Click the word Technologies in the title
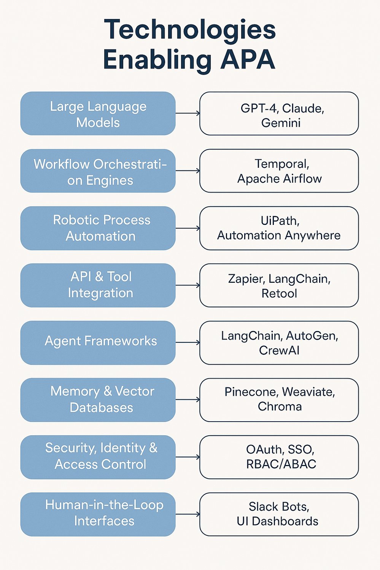tap(189, 30)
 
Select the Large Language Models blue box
tap(98, 113)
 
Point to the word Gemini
tap(281, 123)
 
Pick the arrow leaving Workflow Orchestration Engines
tap(187, 171)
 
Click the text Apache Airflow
tap(279, 178)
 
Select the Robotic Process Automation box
tap(98, 228)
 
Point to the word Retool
tap(279, 293)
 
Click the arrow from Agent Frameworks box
tap(187, 342)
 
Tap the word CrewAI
tap(279, 350)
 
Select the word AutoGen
tap(312, 336)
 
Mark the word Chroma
tap(280, 406)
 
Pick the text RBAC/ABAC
tap(281, 464)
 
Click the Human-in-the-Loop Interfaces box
tap(98, 514)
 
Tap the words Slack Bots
tap(279, 507)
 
